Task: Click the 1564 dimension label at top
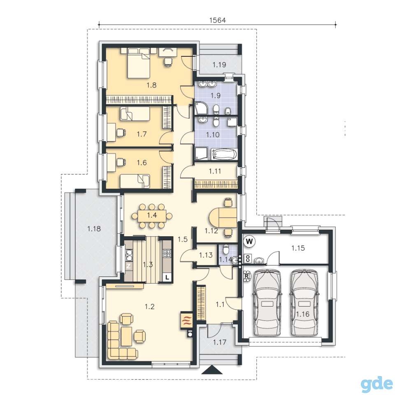click(x=218, y=21)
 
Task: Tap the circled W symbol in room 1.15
click(x=249, y=242)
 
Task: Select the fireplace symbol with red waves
click(x=186, y=320)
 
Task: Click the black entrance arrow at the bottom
click(x=212, y=370)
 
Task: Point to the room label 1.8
click(x=151, y=85)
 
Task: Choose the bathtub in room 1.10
click(x=224, y=154)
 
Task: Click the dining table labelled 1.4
click(x=152, y=216)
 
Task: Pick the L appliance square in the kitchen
click(x=167, y=278)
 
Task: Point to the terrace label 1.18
click(x=94, y=229)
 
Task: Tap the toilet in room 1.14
click(x=226, y=249)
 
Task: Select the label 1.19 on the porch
click(x=219, y=65)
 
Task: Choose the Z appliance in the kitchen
click(x=128, y=266)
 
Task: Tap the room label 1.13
click(x=206, y=255)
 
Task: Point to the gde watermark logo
click(x=376, y=383)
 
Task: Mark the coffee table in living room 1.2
click(x=126, y=336)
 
